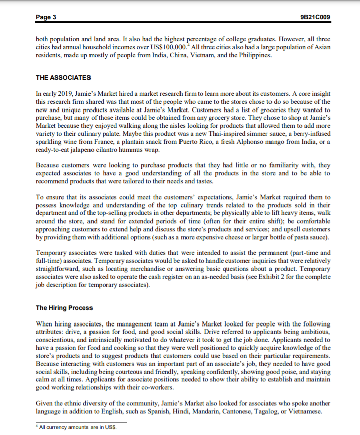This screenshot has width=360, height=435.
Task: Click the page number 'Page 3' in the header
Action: click(x=46, y=18)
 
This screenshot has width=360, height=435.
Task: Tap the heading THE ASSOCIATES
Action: click(x=63, y=78)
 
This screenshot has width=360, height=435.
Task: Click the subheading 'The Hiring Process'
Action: click(x=64, y=307)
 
